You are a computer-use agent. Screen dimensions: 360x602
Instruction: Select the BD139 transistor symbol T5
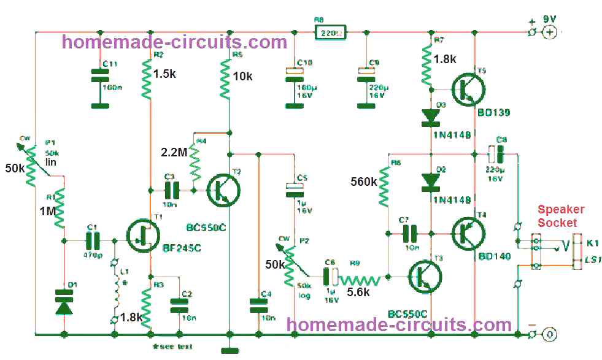(x=468, y=90)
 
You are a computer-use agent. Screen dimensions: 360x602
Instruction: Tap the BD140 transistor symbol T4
(x=468, y=233)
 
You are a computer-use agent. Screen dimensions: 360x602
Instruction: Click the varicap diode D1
(x=63, y=301)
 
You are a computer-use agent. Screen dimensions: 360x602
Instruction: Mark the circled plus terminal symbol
(x=550, y=32)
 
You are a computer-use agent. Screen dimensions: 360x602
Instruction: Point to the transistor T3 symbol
(x=423, y=277)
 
